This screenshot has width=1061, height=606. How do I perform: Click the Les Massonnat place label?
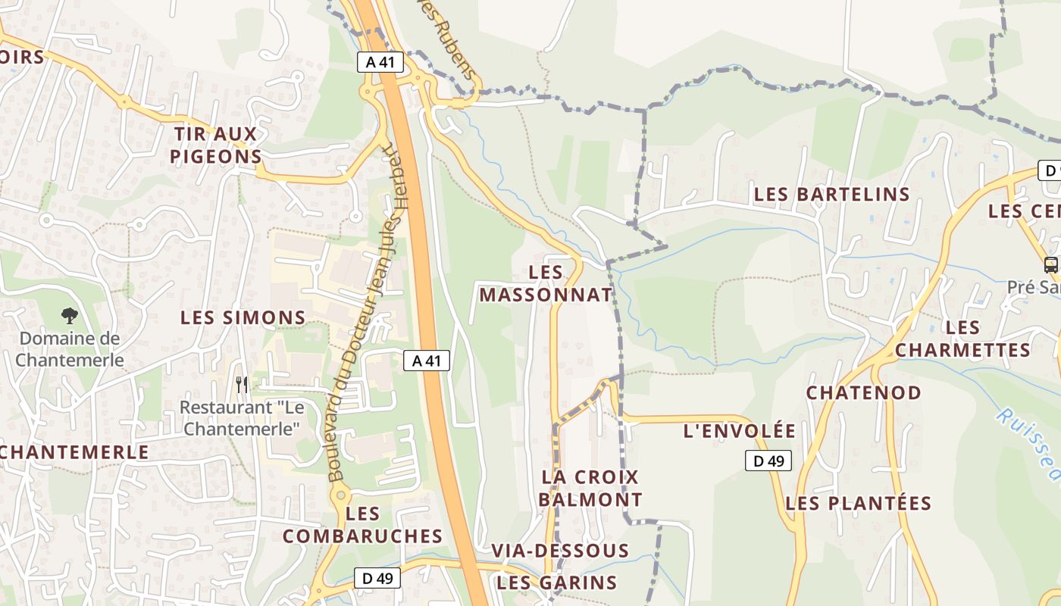[x=545, y=283]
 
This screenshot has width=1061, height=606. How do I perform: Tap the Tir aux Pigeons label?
[x=216, y=145]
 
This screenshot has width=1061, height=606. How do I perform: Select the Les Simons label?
[x=243, y=317]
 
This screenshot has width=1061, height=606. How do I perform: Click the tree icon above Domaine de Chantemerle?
[x=69, y=316]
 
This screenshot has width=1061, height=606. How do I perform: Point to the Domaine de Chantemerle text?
[x=69, y=349]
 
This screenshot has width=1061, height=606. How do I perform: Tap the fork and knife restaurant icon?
[x=242, y=384]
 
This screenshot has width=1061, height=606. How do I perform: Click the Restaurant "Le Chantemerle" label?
[x=242, y=418]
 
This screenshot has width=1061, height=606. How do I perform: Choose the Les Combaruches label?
[x=362, y=525]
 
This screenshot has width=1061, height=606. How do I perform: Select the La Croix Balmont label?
[x=590, y=489]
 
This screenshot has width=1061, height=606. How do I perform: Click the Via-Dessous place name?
[x=560, y=551]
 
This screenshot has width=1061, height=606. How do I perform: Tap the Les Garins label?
[x=556, y=583]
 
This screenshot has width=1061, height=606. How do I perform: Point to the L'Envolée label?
[x=739, y=431]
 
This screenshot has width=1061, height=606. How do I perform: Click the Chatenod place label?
[x=863, y=393]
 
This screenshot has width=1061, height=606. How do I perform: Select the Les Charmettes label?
[x=962, y=339]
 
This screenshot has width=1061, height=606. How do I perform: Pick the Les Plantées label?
[x=858, y=503]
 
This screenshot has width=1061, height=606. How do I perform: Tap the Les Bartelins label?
[x=831, y=194]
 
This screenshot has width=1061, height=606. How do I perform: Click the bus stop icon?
[x=1050, y=265]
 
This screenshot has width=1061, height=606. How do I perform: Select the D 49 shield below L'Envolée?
[x=768, y=461]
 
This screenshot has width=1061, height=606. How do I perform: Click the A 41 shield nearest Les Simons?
[x=426, y=361]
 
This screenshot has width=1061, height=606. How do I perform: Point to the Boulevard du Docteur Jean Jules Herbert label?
[x=367, y=311]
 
